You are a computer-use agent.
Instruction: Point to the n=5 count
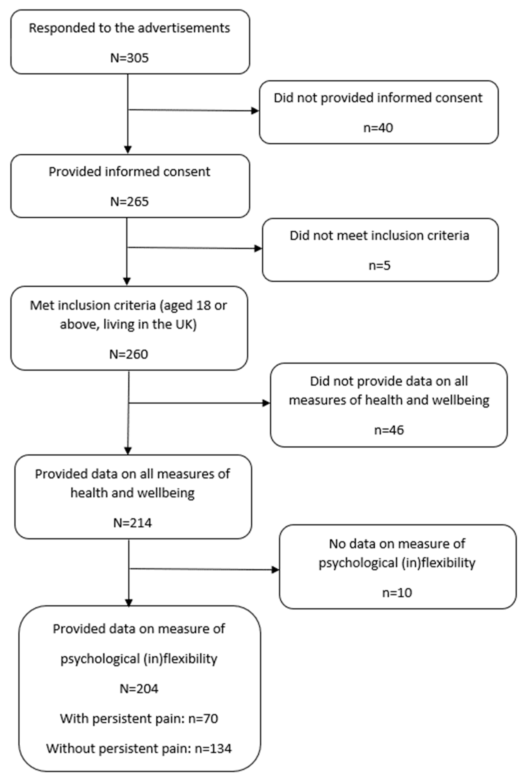pyautogui.click(x=379, y=265)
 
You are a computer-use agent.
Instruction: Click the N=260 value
pyautogui.click(x=128, y=354)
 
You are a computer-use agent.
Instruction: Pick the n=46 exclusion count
pyautogui.click(x=389, y=430)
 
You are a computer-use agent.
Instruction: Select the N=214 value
pyautogui.click(x=133, y=522)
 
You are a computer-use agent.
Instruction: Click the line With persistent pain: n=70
pyautogui.click(x=139, y=718)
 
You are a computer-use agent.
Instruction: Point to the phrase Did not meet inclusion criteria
pyautogui.click(x=379, y=236)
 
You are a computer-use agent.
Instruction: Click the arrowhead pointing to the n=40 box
pyautogui.click(x=255, y=111)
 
